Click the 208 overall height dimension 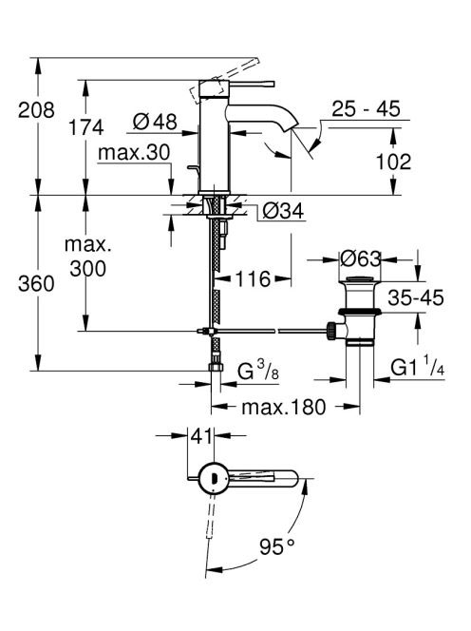coord(36,110)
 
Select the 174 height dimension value coord(85,127)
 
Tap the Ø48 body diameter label coord(155,121)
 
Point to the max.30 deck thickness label coord(134,153)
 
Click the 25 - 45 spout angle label coord(366,108)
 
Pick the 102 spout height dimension coord(393,162)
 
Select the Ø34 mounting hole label coord(283,210)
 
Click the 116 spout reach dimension coord(253,278)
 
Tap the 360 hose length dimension coord(36,284)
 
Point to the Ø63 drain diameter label coord(360,258)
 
